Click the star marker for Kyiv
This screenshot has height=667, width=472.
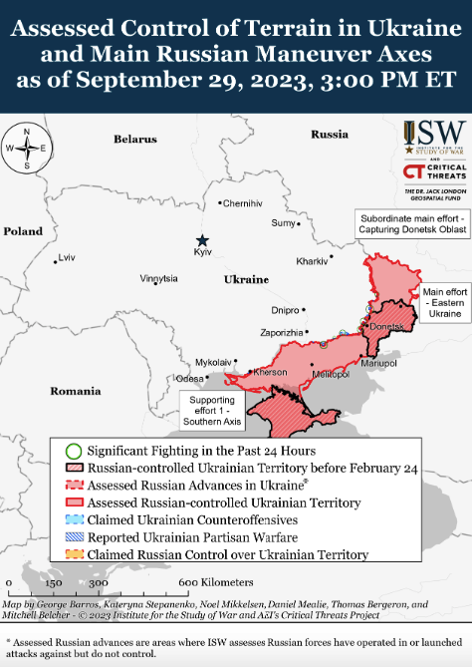[x=202, y=239]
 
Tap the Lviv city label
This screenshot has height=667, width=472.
[x=67, y=257]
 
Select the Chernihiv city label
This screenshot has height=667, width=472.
[x=242, y=203]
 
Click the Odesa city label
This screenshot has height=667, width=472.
[x=188, y=379]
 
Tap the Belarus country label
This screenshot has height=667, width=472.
[x=135, y=140]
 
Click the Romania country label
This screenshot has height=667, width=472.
[x=77, y=392]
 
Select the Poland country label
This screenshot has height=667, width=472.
[x=23, y=230]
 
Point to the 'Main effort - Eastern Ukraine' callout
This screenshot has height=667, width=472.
[x=444, y=303]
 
